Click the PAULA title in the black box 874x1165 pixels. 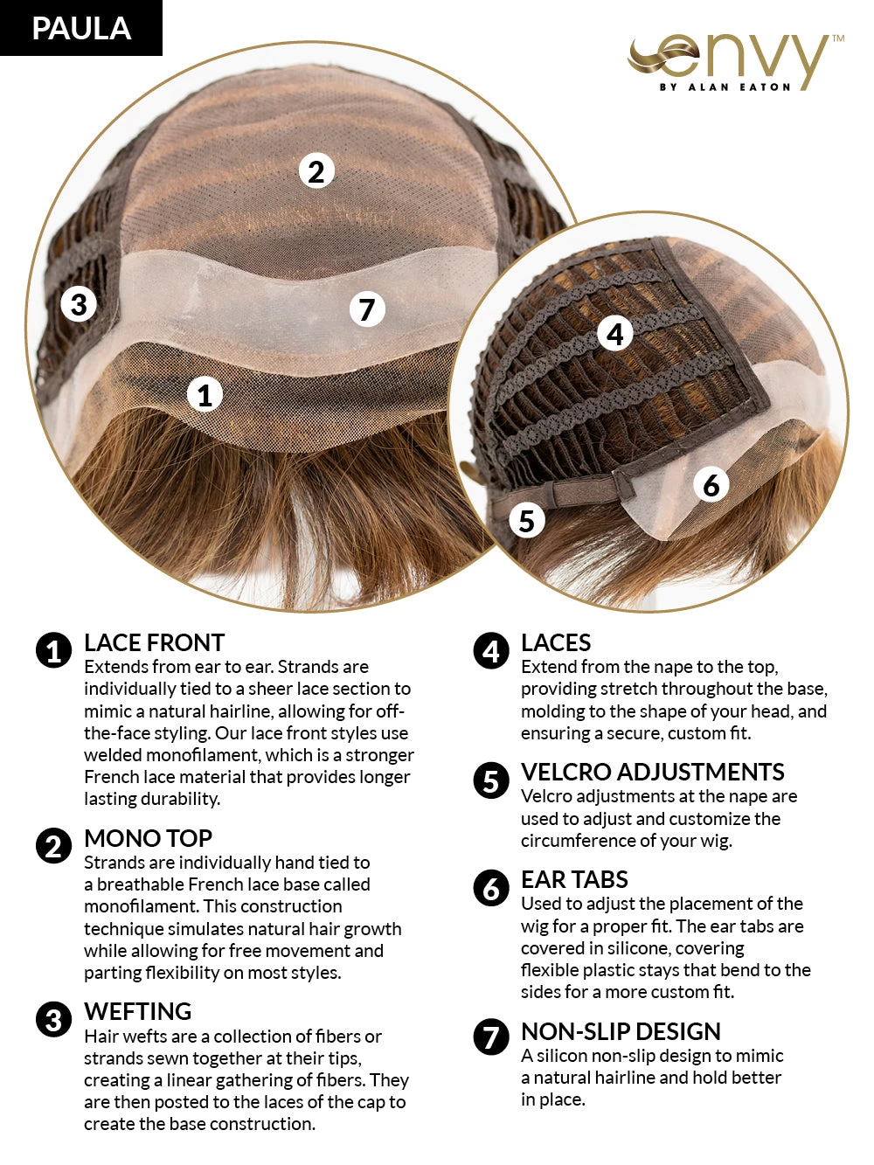(81, 28)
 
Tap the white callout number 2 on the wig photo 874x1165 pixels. (316, 171)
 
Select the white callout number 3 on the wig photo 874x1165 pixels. (79, 304)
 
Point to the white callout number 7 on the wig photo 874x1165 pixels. (367, 309)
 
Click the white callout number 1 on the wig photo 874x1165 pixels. (205, 395)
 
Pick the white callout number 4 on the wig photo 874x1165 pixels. (615, 333)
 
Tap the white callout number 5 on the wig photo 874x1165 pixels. (526, 521)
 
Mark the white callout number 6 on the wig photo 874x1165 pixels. (711, 484)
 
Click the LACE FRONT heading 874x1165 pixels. (154, 643)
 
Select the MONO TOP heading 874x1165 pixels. (148, 839)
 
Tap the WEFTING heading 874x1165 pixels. (137, 1012)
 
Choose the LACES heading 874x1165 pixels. (556, 643)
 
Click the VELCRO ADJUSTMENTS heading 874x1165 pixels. (652, 773)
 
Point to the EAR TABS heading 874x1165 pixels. (574, 880)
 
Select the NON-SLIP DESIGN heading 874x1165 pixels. (621, 1032)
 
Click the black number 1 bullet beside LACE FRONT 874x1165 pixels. (53, 651)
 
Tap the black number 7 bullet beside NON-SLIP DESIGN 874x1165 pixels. (490, 1037)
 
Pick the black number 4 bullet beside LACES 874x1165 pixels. (490, 651)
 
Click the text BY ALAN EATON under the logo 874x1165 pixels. (725, 87)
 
